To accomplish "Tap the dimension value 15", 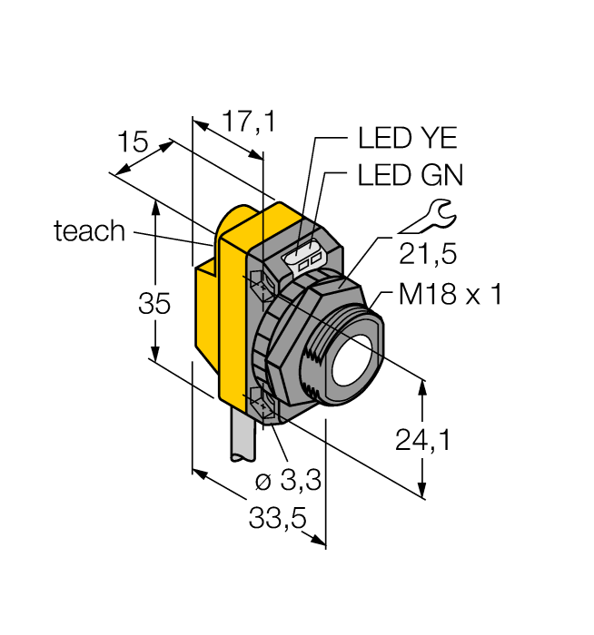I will pos(133,142).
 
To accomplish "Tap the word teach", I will pos(89,231).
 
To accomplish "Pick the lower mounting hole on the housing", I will pos(261,403).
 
